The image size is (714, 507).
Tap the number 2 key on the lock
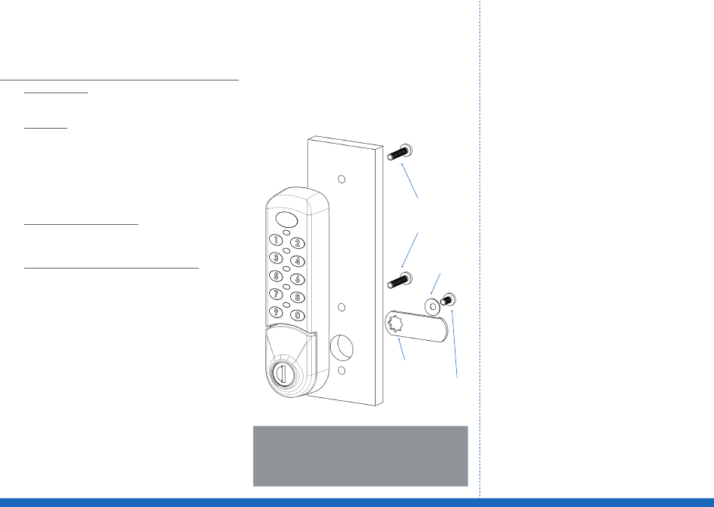(x=298, y=243)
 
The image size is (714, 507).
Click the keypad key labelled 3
(x=277, y=258)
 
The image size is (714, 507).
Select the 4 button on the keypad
(x=298, y=261)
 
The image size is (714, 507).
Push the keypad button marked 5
(x=277, y=275)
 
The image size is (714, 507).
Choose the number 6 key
(x=298, y=279)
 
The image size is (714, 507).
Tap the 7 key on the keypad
(x=277, y=293)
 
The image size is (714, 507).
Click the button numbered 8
(x=298, y=297)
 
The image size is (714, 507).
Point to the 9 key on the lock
(x=277, y=311)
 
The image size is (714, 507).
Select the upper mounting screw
(x=401, y=152)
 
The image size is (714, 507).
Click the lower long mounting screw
(x=401, y=281)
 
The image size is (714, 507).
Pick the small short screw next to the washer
(x=449, y=300)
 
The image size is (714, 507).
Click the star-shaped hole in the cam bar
(x=395, y=324)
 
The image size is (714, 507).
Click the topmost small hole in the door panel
(x=340, y=180)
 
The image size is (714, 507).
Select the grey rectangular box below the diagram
(x=360, y=456)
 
